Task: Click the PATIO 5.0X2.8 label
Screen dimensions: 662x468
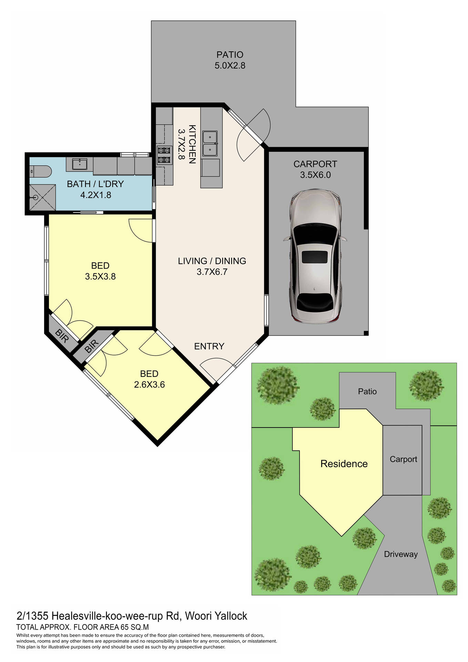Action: tap(230, 60)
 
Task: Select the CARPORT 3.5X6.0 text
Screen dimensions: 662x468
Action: tap(315, 169)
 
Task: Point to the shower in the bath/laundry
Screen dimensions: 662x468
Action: tap(42, 197)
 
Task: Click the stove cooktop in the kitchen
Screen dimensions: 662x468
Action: tap(164, 155)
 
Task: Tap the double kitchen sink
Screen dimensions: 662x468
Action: tap(210, 143)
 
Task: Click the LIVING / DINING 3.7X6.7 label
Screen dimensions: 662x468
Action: tap(212, 266)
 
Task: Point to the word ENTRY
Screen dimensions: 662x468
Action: tap(209, 346)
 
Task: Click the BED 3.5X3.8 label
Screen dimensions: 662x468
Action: tap(100, 271)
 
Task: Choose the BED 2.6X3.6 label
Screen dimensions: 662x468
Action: tap(149, 379)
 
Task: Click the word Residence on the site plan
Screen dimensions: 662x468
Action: tap(344, 464)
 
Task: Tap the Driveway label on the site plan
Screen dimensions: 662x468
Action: tap(400, 554)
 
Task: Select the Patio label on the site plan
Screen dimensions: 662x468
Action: tap(367, 391)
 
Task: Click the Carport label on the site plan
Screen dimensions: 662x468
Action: tap(403, 459)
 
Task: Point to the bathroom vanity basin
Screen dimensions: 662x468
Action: tap(80, 164)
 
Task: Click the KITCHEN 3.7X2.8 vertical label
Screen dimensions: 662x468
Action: tap(187, 144)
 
